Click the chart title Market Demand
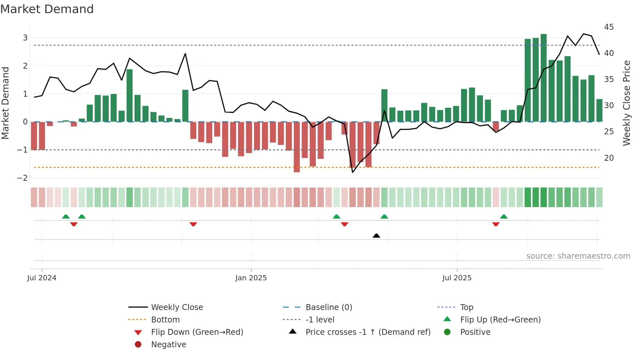pos(47,9)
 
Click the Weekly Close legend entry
pos(177,307)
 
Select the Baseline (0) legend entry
pos(328,307)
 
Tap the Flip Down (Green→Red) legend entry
pos(197,332)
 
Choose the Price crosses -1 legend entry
pos(368,332)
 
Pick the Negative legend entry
pos(168,344)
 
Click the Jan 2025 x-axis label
pos(251,278)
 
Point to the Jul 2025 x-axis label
pos(457,278)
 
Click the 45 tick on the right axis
pos(609,27)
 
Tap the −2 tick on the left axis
pos(22,178)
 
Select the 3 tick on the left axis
pos(25,38)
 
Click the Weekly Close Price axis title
pos(626,103)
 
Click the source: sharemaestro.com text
pos(578,256)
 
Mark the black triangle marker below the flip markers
pos(376,236)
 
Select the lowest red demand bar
pos(296,147)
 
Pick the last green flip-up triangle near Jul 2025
pos(504,217)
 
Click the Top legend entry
pos(466,307)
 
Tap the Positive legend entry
pos(475,332)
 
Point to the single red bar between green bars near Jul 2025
pos(496,126)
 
